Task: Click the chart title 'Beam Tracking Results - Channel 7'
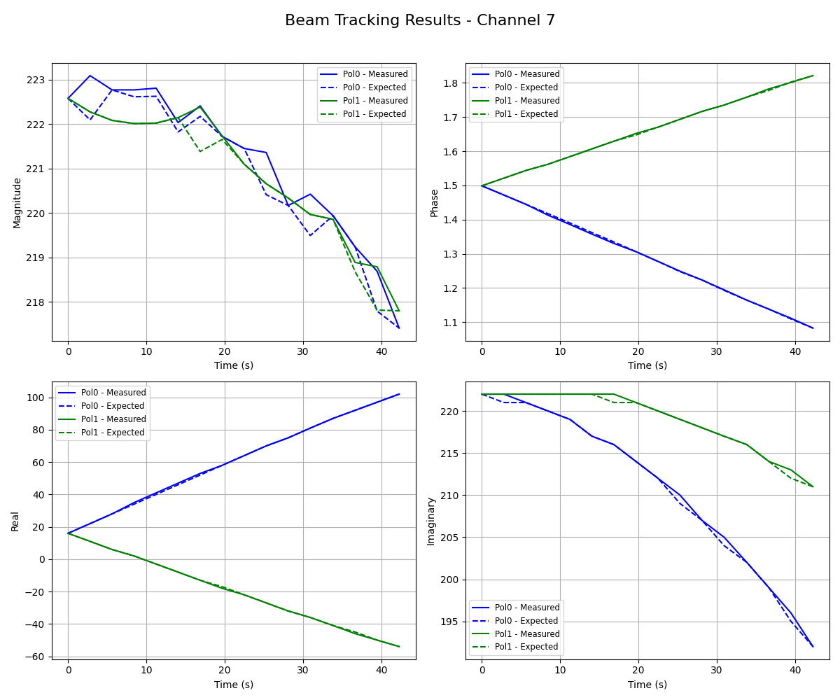(x=420, y=21)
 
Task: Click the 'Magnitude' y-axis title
(x=17, y=202)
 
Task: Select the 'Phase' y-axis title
(x=434, y=202)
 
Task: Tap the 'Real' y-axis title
(x=15, y=521)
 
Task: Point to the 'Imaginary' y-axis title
(x=430, y=521)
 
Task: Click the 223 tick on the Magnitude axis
(x=35, y=80)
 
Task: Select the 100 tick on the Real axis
(x=35, y=398)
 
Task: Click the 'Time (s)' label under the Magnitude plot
(x=234, y=365)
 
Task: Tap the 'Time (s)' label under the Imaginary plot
(x=647, y=684)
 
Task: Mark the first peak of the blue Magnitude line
(x=90, y=75)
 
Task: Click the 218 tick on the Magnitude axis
(x=35, y=302)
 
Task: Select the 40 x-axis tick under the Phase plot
(x=794, y=352)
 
